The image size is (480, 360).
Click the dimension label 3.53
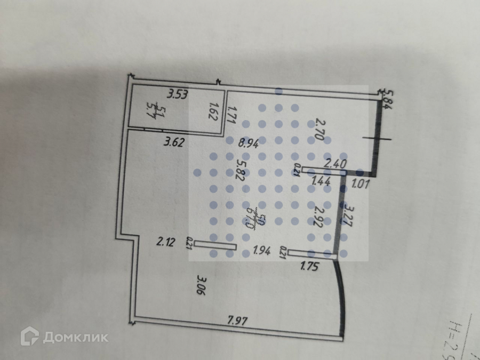pos(178,95)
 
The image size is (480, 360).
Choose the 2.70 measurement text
pos(319,129)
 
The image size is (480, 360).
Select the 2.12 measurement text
pos(165,243)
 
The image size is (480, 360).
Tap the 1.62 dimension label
pos(214,113)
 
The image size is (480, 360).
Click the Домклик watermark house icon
pos(29,336)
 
